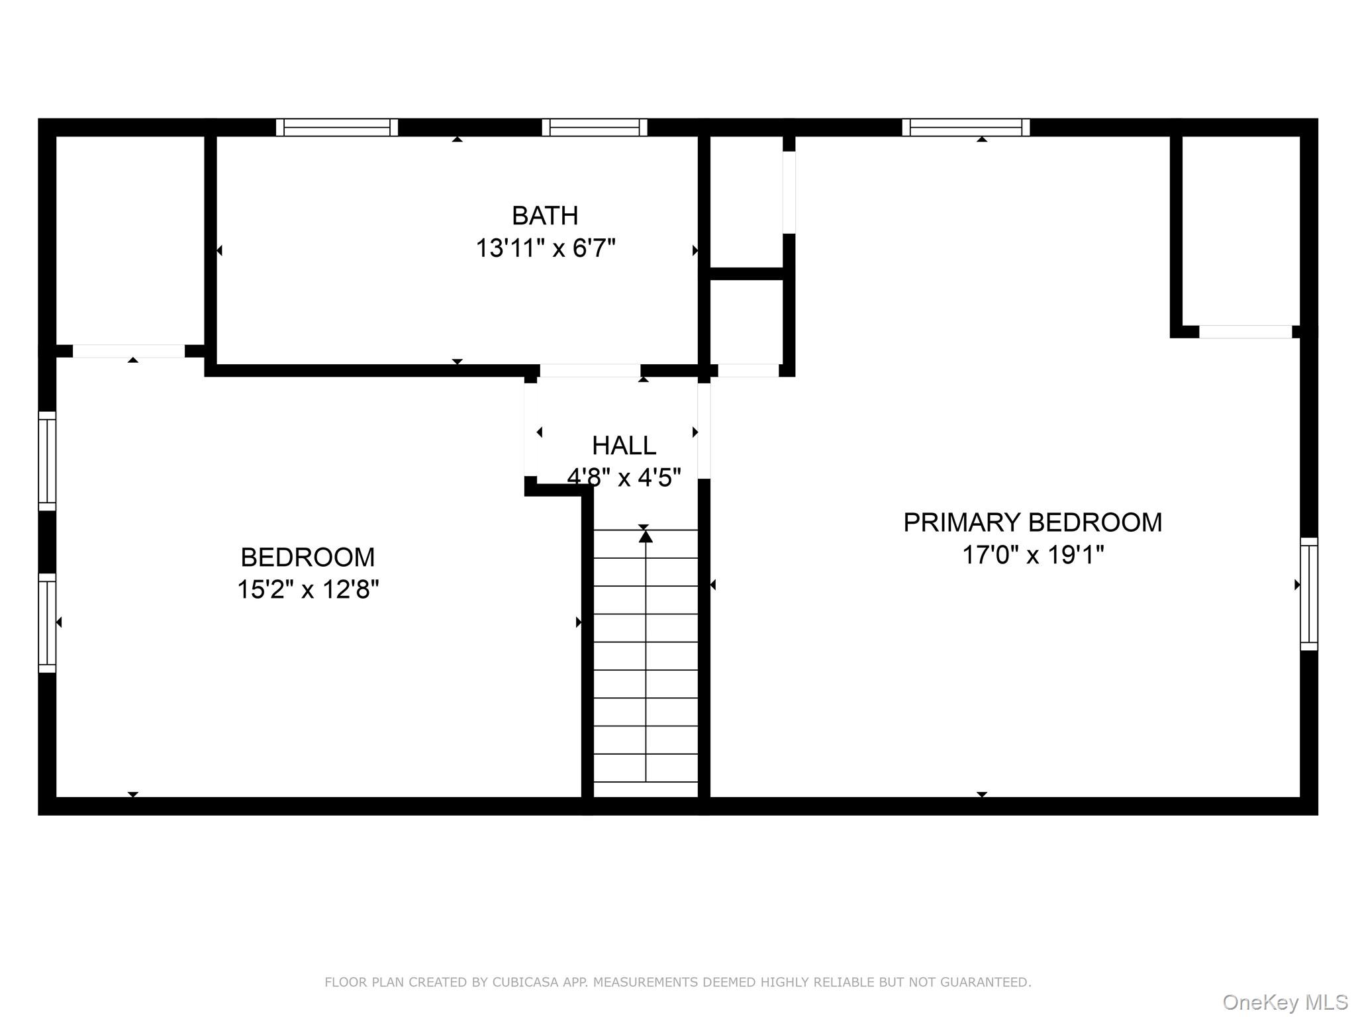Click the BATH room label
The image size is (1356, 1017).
coord(545,216)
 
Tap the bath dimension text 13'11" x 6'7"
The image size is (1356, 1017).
coord(545,248)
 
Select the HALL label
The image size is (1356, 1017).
coord(624,446)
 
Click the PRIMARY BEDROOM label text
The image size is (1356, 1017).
coord(1032,522)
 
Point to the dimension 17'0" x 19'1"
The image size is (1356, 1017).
coord(1032,554)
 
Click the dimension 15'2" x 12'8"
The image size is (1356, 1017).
coord(308,589)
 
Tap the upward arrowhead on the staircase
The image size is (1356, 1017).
coord(646,536)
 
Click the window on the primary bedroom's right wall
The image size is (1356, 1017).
coord(1308,593)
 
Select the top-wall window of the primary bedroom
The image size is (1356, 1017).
coord(965,127)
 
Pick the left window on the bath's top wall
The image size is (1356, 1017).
coord(337,127)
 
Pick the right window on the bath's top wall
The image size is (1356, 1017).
coord(594,127)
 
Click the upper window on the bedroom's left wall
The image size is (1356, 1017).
coord(47,461)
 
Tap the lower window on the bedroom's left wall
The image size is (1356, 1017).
coord(47,622)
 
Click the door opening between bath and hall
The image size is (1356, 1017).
coord(590,370)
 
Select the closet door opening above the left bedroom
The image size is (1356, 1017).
coord(128,351)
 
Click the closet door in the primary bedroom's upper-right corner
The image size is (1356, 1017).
coord(1245,332)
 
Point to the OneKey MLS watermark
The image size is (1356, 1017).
coord(1284,1002)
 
